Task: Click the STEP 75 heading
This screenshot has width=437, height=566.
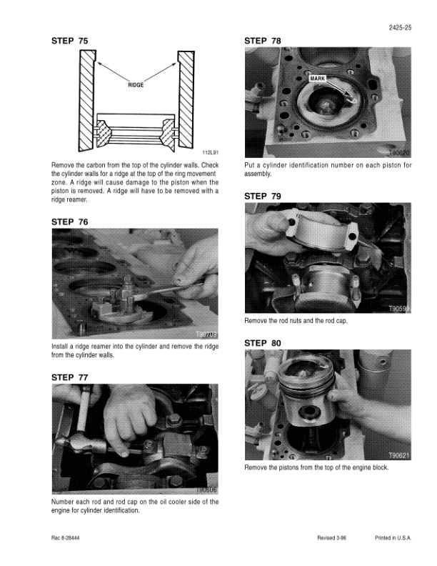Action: (x=69, y=41)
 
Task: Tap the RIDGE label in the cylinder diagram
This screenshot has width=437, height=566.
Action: (x=136, y=85)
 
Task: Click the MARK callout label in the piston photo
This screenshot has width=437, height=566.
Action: (x=317, y=79)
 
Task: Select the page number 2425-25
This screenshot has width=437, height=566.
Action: (x=400, y=27)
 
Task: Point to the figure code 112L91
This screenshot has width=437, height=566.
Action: (x=210, y=153)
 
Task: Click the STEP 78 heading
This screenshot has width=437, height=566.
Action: (x=263, y=41)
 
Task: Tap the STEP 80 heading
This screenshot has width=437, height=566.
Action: (x=263, y=343)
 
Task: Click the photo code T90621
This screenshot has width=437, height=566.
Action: (x=398, y=455)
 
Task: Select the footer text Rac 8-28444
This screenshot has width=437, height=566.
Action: (x=65, y=538)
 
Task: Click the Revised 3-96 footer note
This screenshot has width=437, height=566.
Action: (x=331, y=538)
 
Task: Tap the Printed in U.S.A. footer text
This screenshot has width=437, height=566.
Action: (x=393, y=538)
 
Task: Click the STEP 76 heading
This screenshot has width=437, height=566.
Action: (x=69, y=222)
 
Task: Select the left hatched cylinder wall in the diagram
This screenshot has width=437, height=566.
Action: (x=87, y=100)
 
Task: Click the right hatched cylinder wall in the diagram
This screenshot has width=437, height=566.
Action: (x=186, y=99)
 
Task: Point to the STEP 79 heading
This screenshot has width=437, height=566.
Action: (x=263, y=197)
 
